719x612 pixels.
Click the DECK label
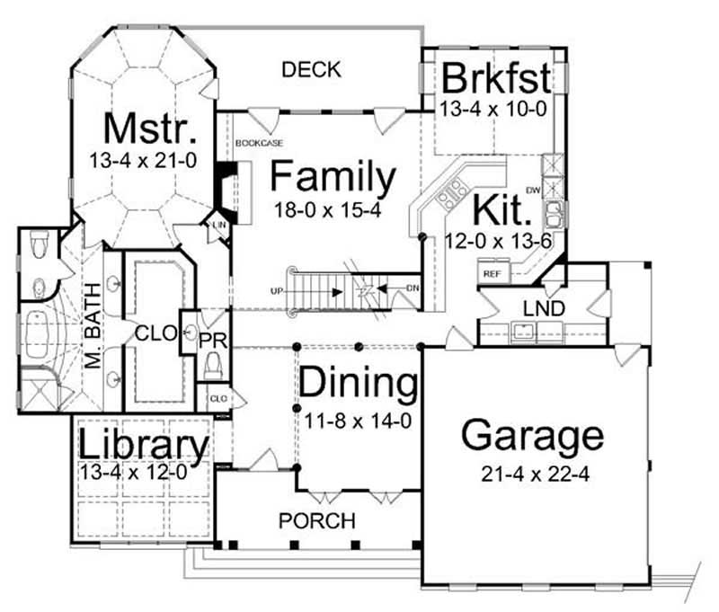coord(312,69)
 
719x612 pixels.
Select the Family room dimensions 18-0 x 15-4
coord(333,208)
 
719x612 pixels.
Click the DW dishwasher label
coord(531,191)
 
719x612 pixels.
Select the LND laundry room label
coord(545,309)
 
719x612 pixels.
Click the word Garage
coord(532,436)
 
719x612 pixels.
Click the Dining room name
coord(359,384)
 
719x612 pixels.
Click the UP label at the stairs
coord(278,291)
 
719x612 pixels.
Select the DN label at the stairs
coord(412,288)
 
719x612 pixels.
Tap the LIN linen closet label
coord(219,224)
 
